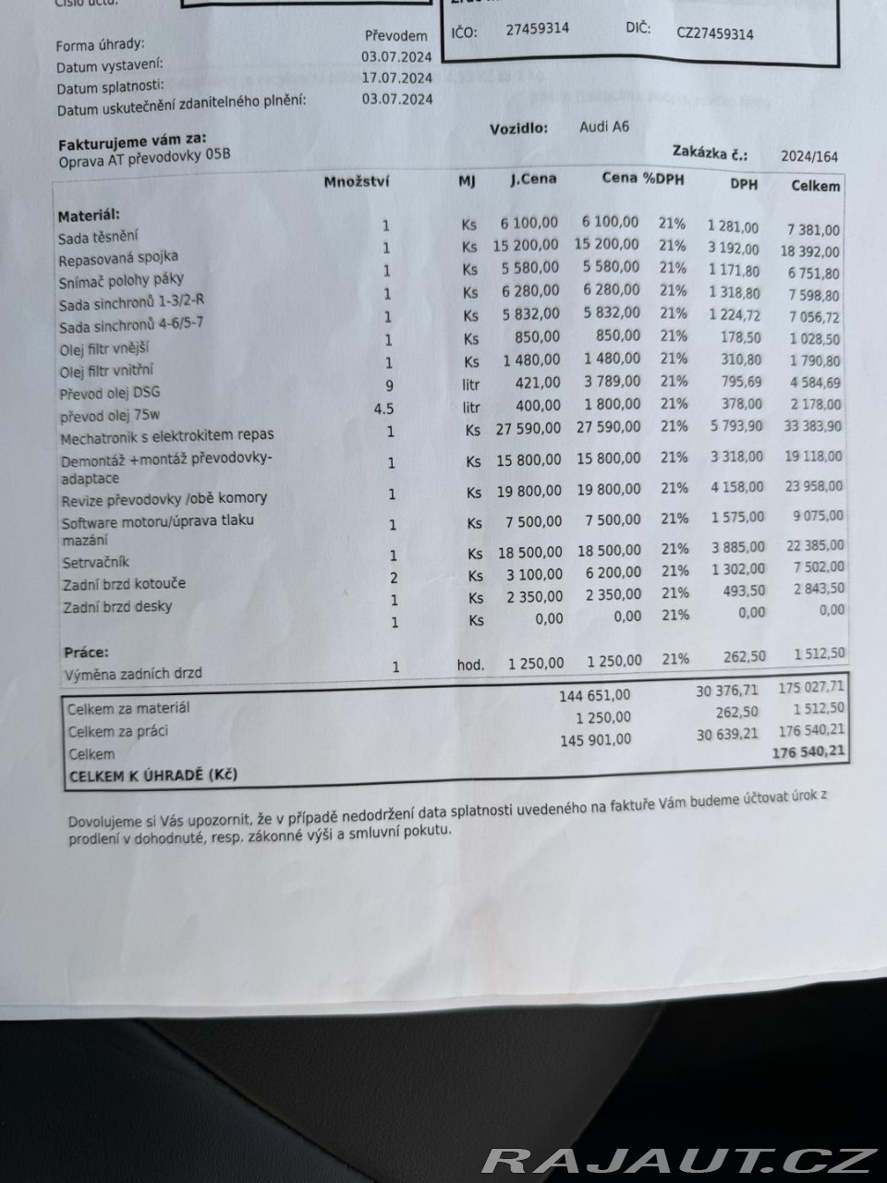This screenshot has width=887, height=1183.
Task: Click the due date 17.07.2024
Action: click(x=397, y=78)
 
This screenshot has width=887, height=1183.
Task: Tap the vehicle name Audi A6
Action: click(x=604, y=127)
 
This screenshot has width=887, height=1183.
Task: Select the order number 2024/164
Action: click(x=809, y=156)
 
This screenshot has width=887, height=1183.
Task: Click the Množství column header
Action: click(x=357, y=181)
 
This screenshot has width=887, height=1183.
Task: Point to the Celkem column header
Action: click(x=816, y=186)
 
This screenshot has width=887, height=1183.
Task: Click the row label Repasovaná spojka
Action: click(x=118, y=258)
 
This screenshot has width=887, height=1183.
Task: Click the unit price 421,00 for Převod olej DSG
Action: click(x=538, y=382)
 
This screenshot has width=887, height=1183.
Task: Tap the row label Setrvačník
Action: click(x=96, y=562)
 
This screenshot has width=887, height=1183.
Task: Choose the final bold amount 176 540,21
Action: click(x=808, y=751)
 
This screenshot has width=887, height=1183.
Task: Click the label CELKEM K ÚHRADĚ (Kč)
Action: click(x=153, y=775)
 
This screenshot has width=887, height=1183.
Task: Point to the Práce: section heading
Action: click(x=86, y=652)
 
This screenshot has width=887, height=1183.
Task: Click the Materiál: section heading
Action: click(x=89, y=215)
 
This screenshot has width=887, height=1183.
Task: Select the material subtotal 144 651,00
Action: click(x=595, y=695)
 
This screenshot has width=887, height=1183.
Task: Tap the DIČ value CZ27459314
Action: click(x=714, y=33)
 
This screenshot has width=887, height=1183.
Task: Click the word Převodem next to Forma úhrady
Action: click(x=396, y=35)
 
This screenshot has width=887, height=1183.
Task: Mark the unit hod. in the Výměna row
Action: click(x=470, y=665)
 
